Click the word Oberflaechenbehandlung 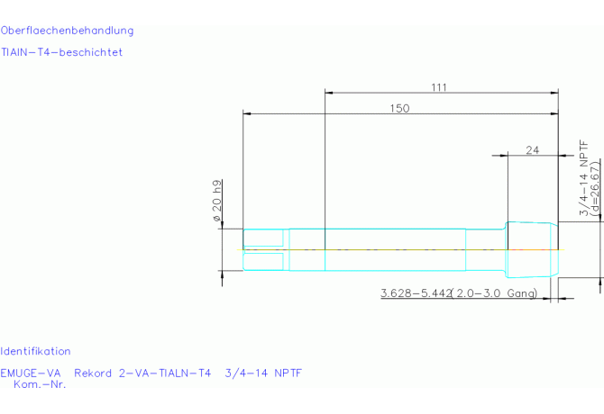click(67, 31)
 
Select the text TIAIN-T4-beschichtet click(61, 52)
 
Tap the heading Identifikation click(35, 351)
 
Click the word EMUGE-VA click(31, 373)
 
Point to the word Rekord click(93, 373)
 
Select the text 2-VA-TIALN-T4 click(165, 373)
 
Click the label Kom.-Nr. click(40, 384)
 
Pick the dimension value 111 click(439, 87)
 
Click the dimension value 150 click(399, 108)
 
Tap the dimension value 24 click(533, 150)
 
